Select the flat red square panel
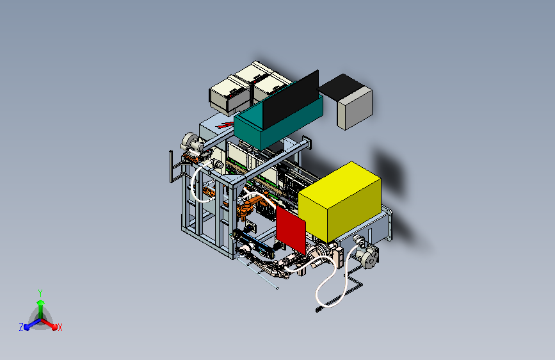(291, 230)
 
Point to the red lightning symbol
(226, 125)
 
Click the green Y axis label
(40, 293)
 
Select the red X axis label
(60, 328)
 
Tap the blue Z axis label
(21, 327)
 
